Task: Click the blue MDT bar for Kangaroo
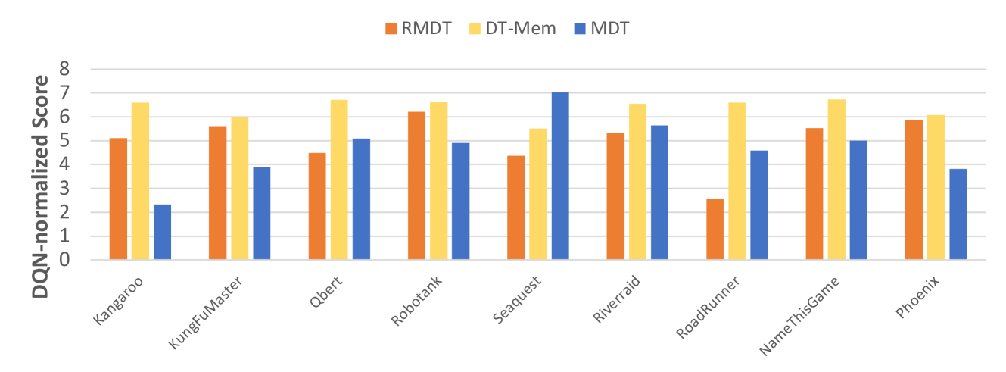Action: click(x=162, y=232)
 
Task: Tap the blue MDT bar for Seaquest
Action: click(x=560, y=176)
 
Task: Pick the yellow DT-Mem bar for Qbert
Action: click(x=339, y=180)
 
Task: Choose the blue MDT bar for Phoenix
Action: click(x=958, y=214)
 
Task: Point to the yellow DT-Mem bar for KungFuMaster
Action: click(x=240, y=189)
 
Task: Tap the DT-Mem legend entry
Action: click(x=515, y=29)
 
